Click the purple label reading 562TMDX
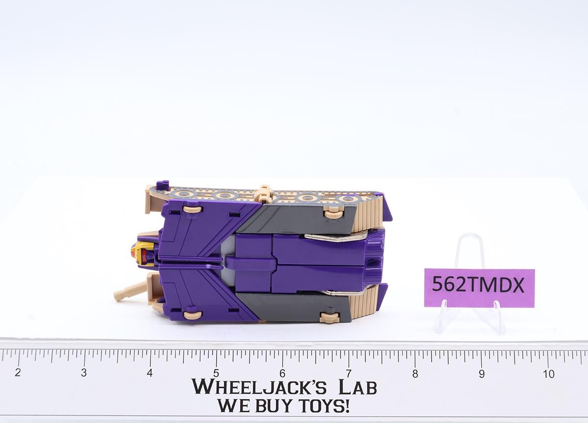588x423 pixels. pos(479,288)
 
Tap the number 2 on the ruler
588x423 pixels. pos(18,373)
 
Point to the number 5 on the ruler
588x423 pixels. pos(216,373)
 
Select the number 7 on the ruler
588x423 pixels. pos(348,373)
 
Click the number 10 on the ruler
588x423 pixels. pos(549,374)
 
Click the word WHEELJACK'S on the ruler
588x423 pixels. pos(259,387)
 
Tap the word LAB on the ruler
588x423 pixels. pos(358,387)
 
